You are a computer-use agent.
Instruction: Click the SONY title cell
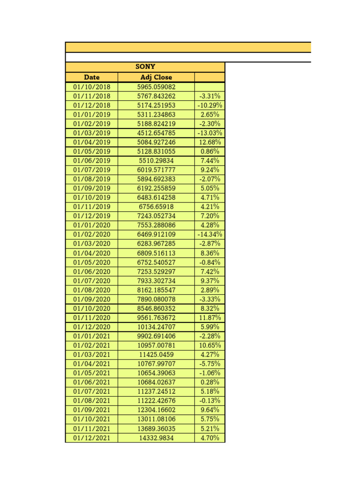[145, 67]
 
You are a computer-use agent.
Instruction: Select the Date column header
[91, 77]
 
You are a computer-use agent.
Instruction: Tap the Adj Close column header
[156, 77]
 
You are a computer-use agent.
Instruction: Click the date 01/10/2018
[91, 87]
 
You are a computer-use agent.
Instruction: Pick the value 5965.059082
[156, 87]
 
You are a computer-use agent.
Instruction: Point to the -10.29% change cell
[210, 105]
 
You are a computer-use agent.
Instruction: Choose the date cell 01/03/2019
[91, 133]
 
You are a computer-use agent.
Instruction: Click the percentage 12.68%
[210, 142]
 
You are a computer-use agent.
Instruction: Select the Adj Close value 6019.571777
[156, 170]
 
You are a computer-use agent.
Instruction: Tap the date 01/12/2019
[91, 216]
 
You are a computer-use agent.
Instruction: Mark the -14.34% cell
[210, 234]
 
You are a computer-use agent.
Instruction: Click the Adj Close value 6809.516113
[156, 253]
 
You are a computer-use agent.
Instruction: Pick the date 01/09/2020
[91, 299]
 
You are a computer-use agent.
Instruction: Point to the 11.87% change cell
[210, 317]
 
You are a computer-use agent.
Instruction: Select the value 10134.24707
[156, 327]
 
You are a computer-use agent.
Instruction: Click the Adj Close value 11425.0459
[156, 354]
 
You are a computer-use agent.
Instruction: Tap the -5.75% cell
[210, 364]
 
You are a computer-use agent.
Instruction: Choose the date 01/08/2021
[91, 401]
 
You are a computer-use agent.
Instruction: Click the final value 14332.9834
[156, 438]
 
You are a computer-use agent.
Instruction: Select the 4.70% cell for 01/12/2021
[210, 438]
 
